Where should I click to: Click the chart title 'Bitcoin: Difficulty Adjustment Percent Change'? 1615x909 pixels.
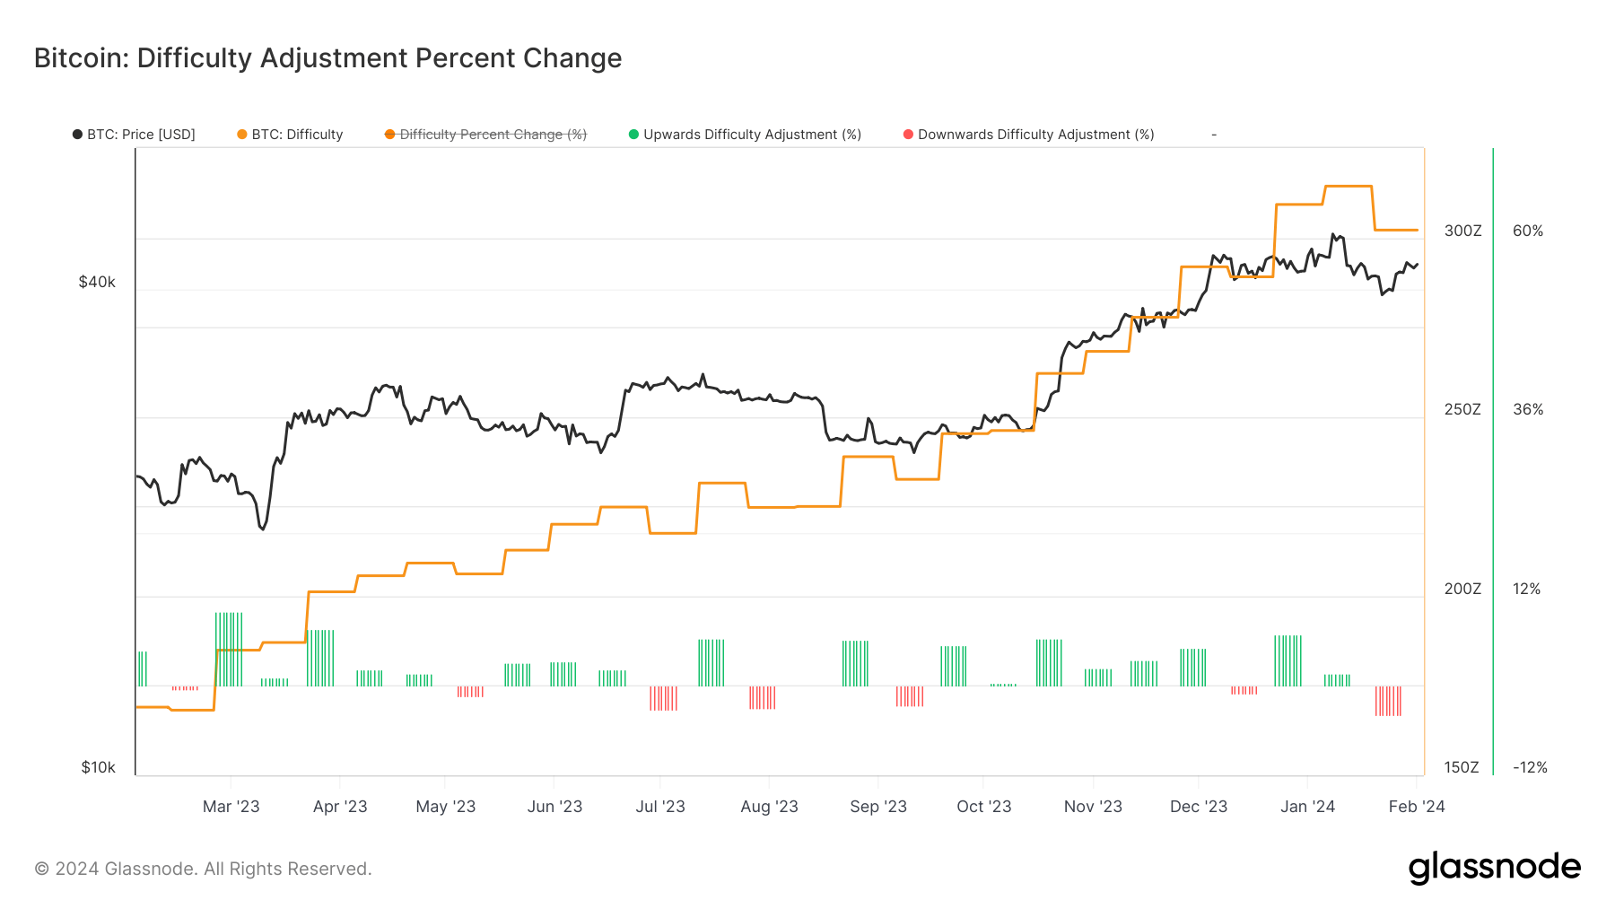pyautogui.click(x=327, y=58)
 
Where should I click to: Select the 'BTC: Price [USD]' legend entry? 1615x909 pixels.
pyautogui.click(x=135, y=135)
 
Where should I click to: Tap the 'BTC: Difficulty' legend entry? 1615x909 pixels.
pyautogui.click(x=291, y=135)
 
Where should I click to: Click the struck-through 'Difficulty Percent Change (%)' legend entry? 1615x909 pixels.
pyautogui.click(x=486, y=135)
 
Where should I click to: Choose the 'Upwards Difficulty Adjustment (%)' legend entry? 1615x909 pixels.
pyautogui.click(x=746, y=135)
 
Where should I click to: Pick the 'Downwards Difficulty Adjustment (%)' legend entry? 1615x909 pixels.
pyautogui.click(x=1029, y=135)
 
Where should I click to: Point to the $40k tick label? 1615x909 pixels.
pyautogui.click(x=97, y=282)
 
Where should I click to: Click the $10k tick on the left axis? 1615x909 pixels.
pyautogui.click(x=98, y=767)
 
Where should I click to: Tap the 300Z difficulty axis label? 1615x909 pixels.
pyautogui.click(x=1462, y=231)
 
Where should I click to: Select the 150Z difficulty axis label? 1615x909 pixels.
pyautogui.click(x=1462, y=767)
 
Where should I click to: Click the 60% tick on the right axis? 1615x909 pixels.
pyautogui.click(x=1528, y=231)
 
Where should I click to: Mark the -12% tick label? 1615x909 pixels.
pyautogui.click(x=1530, y=767)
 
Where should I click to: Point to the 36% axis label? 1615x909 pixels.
pyautogui.click(x=1528, y=409)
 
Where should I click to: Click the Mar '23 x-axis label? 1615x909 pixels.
pyautogui.click(x=231, y=807)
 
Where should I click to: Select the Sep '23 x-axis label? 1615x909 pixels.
pyautogui.click(x=878, y=807)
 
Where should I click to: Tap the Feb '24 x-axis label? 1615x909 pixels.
pyautogui.click(x=1417, y=807)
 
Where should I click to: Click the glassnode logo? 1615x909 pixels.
pyautogui.click(x=1494, y=868)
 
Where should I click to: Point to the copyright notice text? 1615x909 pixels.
pyautogui.click(x=203, y=869)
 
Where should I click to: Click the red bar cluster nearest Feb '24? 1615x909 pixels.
pyautogui.click(x=1388, y=701)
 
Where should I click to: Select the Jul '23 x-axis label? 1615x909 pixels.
pyautogui.click(x=660, y=807)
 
